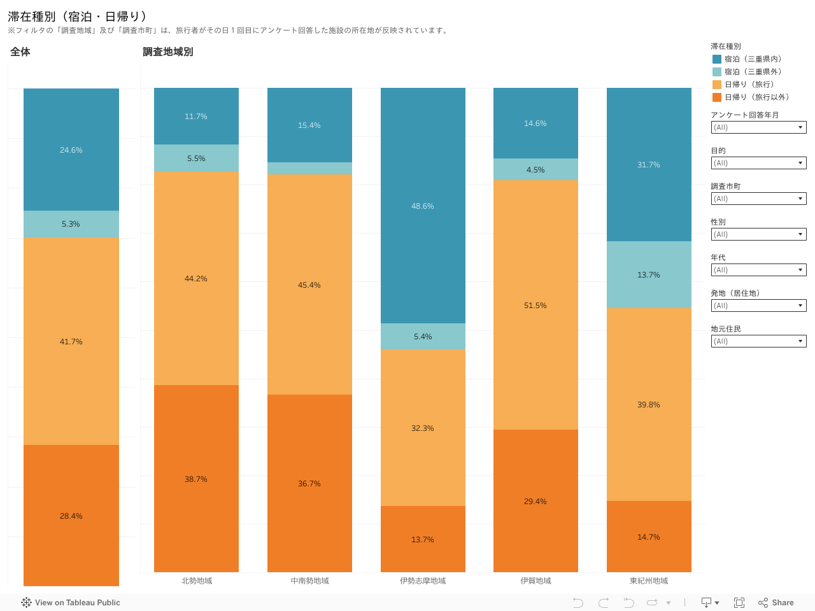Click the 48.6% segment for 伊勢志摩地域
pos(423,206)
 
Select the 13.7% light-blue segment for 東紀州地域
pos(649,274)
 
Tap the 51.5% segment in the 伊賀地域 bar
pos(535,305)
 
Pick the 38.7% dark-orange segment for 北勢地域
pos(196,479)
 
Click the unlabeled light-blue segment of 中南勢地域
pos(309,168)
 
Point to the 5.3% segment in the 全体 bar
pos(71,224)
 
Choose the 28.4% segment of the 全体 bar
pos(71,516)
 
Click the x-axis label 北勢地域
pos(197,580)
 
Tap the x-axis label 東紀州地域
pos(649,580)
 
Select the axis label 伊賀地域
pos(535,580)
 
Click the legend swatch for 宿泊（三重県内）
pos(717,59)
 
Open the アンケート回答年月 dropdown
pos(758,127)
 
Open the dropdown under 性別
pos(758,234)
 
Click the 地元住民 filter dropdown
pos(758,341)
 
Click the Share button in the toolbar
pos(776,603)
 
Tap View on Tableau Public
pos(71,603)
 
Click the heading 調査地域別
pos(167,52)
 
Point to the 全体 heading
pos(20,52)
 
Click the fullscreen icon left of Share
pos(739,603)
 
